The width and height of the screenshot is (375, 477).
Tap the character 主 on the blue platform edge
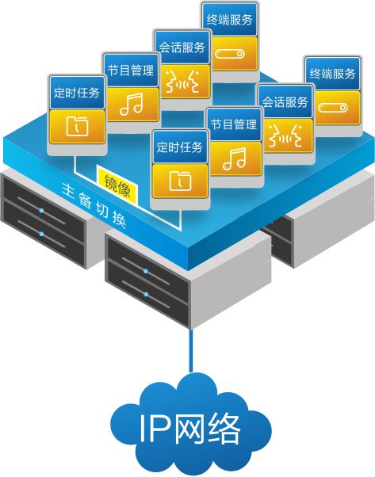[68, 191]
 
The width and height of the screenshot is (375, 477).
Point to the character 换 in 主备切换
[119, 219]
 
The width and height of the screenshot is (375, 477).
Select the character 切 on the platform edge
[101, 209]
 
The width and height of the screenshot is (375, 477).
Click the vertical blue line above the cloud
[191, 350]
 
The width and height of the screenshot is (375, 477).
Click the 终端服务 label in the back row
[229, 20]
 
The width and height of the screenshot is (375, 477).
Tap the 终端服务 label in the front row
[332, 74]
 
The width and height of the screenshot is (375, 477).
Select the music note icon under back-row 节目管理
[131, 104]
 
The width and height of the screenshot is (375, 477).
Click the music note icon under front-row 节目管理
[234, 158]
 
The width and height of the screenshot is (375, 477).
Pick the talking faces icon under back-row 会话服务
[182, 82]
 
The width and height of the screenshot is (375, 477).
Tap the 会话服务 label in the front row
[285, 102]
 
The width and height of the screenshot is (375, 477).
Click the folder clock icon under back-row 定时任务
[78, 126]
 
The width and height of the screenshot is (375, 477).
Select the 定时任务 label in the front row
[180, 147]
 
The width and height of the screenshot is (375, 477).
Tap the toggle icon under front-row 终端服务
[333, 108]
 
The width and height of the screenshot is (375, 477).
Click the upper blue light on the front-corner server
[146, 271]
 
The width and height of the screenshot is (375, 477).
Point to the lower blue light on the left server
[42, 234]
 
